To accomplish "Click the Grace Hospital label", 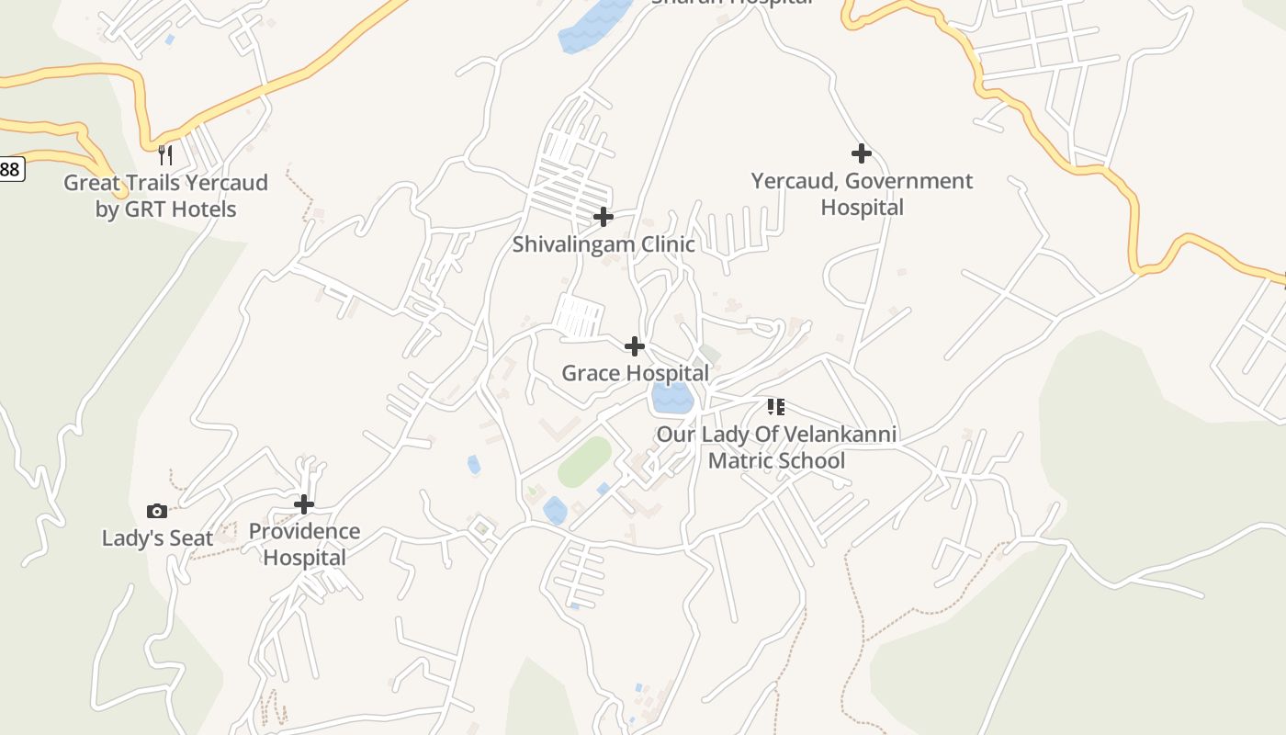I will (x=635, y=373).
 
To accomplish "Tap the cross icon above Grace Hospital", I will (x=635, y=346).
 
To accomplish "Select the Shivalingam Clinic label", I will (x=604, y=244).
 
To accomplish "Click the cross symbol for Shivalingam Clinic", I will (x=604, y=217).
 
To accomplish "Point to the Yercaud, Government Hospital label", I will (x=862, y=194).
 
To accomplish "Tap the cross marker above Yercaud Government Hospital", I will (x=861, y=153).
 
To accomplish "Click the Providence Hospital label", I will (x=304, y=544).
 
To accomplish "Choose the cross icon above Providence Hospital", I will (x=304, y=504).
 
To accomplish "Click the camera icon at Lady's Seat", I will (x=157, y=511).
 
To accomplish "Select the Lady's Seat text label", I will (x=157, y=538).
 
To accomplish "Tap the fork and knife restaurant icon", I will (x=165, y=154).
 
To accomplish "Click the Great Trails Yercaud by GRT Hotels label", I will (x=165, y=196).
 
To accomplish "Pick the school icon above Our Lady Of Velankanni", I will (x=776, y=406).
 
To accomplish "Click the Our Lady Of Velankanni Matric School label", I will (x=776, y=447).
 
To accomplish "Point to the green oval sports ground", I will (x=584, y=462).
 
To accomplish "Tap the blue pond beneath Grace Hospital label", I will (x=671, y=399).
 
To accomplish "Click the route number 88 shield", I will (x=9, y=169).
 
